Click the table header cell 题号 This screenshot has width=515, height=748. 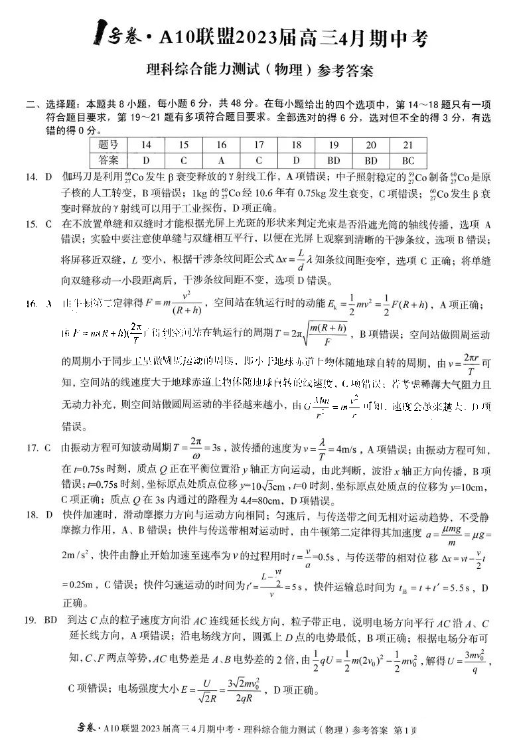click(x=108, y=145)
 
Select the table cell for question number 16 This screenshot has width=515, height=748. click(x=221, y=145)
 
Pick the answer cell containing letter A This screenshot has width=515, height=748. click(x=221, y=160)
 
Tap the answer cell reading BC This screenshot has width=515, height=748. click(x=408, y=160)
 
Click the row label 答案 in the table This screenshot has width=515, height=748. click(x=108, y=160)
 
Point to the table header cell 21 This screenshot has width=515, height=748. click(x=408, y=145)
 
